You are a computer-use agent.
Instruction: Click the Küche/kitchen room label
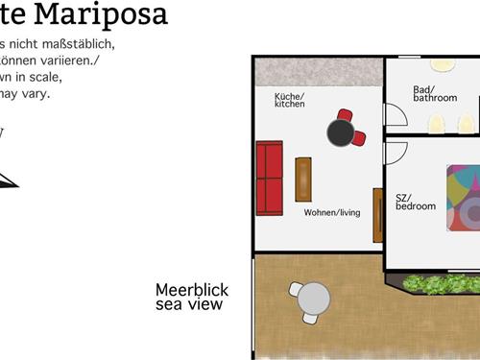(x=290, y=100)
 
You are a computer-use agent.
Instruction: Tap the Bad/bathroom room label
(x=435, y=94)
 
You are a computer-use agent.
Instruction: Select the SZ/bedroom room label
(x=415, y=202)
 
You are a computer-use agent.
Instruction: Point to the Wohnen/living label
(x=332, y=212)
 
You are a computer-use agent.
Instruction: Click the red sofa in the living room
(x=270, y=179)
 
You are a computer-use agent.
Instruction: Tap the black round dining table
(x=341, y=132)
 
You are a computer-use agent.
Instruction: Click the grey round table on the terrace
(x=313, y=300)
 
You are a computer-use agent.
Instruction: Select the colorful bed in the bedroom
(x=463, y=199)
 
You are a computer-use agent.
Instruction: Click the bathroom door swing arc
(x=396, y=114)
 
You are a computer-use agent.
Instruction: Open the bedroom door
(x=396, y=153)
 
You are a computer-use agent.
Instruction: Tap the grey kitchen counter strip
(x=317, y=71)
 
